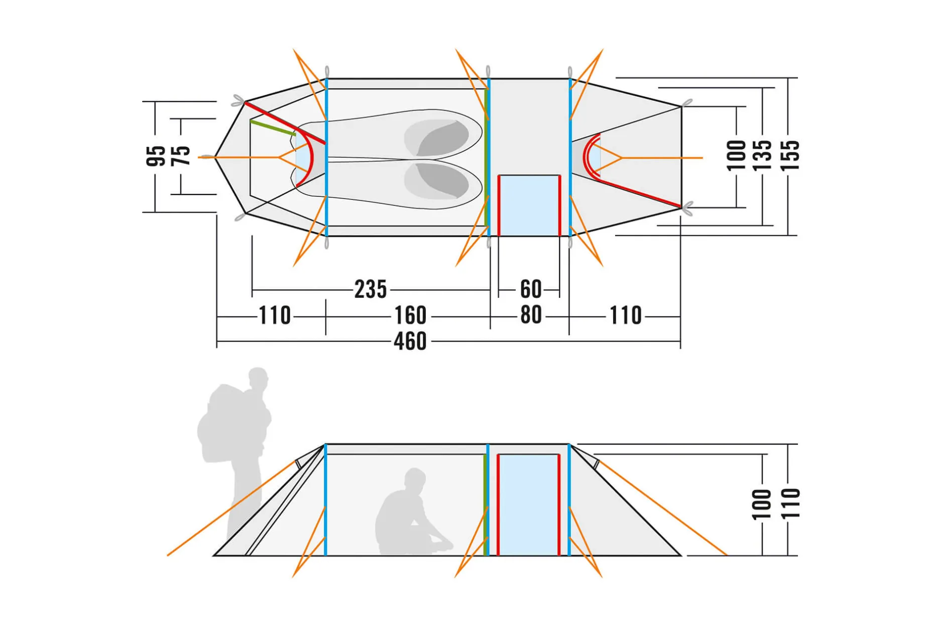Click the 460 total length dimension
tap(410, 342)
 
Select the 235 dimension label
tap(371, 289)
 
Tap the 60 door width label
tap(531, 289)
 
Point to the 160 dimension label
tap(410, 316)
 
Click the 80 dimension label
tap(531, 315)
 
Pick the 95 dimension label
tap(156, 156)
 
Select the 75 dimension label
tap(181, 156)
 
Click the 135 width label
tap(763, 156)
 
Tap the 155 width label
tap(790, 156)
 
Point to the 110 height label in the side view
tap(790, 503)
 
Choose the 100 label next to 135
tap(737, 156)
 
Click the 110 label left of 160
tap(275, 316)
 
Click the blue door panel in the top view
tap(529, 205)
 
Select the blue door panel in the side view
tap(528, 505)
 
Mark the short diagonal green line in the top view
tap(273, 128)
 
